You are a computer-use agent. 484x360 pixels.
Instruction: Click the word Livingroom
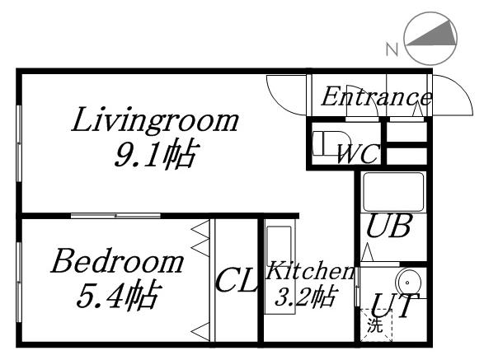pos(154,122)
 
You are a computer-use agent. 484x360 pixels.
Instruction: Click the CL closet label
pos(237,283)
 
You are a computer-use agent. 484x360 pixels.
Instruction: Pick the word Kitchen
pos(310,271)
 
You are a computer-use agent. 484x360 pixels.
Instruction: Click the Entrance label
pos(375,97)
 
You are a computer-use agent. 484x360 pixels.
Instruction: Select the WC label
pos(356,152)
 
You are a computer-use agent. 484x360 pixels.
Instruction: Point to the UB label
pos(388,227)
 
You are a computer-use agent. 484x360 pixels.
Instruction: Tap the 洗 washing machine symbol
pos(374,325)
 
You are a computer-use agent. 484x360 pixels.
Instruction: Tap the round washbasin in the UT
pos(409,280)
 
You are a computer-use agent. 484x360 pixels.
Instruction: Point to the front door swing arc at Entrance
pos(449,91)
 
